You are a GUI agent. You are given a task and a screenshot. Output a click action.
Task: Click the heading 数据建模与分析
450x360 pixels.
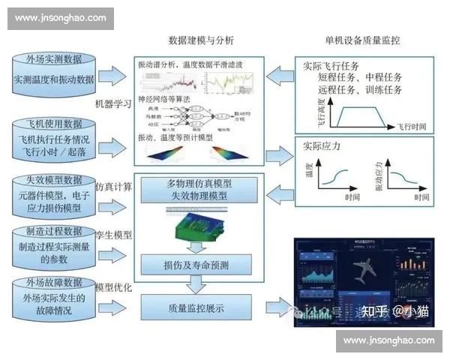[201, 40]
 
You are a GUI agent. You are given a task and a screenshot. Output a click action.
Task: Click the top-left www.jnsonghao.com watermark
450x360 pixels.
[59, 19]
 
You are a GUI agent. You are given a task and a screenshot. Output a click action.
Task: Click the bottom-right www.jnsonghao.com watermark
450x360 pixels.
[388, 340]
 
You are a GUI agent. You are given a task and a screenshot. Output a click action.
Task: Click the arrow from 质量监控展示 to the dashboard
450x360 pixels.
[276, 306]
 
